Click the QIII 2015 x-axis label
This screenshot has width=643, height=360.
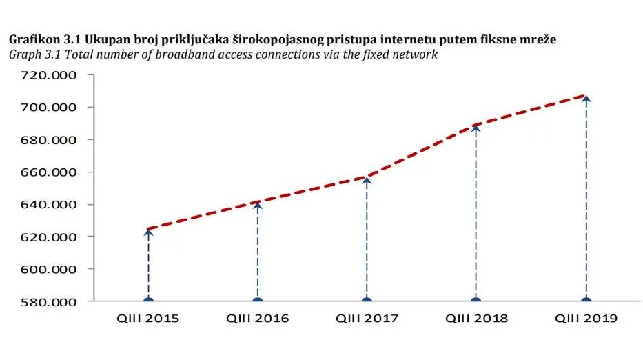point(148,319)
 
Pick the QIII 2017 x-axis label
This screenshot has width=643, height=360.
point(367,319)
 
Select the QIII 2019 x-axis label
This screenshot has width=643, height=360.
point(586,319)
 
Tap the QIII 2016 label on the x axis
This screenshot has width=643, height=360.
point(258,319)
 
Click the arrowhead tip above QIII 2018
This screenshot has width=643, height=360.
point(476,126)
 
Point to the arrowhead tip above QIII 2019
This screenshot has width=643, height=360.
point(586,97)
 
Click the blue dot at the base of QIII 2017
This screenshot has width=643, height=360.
point(367,301)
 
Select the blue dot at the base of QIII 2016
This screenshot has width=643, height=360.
point(258,301)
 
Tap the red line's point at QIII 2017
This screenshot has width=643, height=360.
point(367,177)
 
